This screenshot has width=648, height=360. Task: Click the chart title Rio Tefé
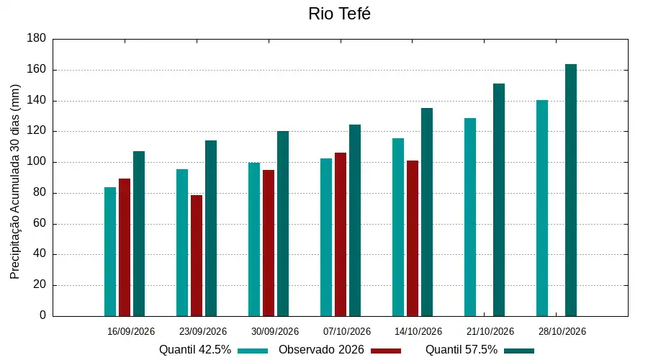tap(339, 14)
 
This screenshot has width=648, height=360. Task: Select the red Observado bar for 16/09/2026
tap(125, 247)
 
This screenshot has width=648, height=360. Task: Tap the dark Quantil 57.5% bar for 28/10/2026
tap(571, 190)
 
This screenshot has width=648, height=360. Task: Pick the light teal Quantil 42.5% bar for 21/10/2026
tap(470, 217)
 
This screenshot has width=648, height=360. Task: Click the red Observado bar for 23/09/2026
tap(197, 256)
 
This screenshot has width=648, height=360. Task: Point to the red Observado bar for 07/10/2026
tap(341, 234)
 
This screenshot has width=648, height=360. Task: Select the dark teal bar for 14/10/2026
tap(427, 212)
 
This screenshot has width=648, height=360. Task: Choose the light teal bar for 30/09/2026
tap(254, 239)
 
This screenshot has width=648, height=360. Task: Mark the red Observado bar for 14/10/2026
tap(413, 238)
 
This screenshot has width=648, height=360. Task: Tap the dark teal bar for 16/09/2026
tap(139, 233)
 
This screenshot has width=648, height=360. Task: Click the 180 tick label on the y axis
tap(37, 38)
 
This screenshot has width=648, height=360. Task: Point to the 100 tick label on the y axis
tap(37, 161)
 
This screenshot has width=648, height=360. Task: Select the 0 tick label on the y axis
tap(43, 315)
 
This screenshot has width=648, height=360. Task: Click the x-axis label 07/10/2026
tap(347, 331)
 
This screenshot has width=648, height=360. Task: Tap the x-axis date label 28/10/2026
tap(562, 331)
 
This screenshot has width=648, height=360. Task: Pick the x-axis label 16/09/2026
tap(131, 331)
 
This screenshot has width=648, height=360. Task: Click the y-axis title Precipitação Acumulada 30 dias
tap(15, 182)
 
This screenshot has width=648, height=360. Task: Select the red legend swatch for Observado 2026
tap(386, 351)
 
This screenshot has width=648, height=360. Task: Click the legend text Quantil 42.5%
tap(195, 350)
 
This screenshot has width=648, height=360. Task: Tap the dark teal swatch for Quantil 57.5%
tap(519, 351)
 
